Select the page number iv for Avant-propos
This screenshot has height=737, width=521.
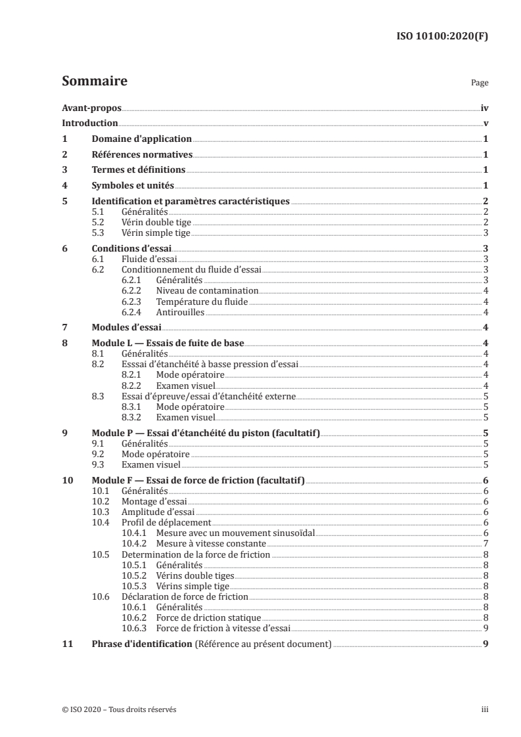pyautogui.click(x=484, y=108)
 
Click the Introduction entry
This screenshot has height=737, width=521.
pyautogui.click(x=90, y=123)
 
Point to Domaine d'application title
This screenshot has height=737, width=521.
pyautogui.click(x=141, y=139)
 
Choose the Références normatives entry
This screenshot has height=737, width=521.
pyautogui.click(x=142, y=155)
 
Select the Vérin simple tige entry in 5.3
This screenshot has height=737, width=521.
pyautogui.click(x=156, y=233)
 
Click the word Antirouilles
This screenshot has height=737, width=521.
pyautogui.click(x=180, y=311)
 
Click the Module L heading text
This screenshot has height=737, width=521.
pyautogui.click(x=168, y=343)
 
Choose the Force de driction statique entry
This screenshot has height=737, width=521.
pyautogui.click(x=208, y=617)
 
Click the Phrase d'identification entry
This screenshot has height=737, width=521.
pyautogui.click(x=142, y=644)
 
